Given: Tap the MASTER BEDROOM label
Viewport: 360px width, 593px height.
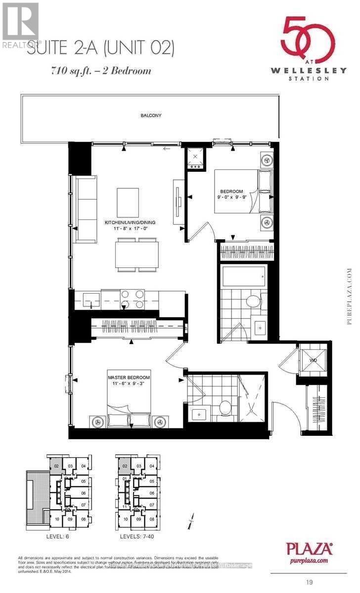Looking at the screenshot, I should [x=129, y=378].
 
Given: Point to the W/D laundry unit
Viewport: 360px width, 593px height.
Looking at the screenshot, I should [x=313, y=360].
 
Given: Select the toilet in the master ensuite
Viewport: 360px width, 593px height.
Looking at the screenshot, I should [x=225, y=408].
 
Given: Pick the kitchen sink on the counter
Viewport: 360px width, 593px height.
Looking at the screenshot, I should [x=90, y=298].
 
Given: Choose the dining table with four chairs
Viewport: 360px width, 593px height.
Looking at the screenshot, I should [x=136, y=255].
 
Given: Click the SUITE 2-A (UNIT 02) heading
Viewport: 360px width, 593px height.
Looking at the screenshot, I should [x=101, y=48].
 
